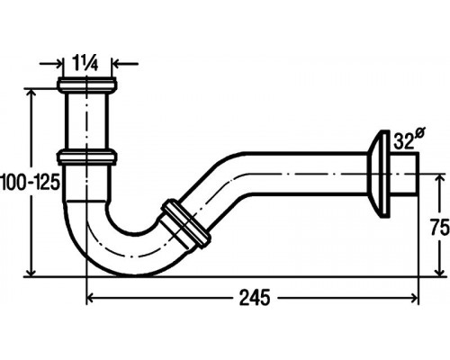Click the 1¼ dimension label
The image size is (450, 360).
85,63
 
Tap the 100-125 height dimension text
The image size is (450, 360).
30,182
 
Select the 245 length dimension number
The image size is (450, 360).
255,298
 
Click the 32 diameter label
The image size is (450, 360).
409,139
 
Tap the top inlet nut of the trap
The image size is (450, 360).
87,85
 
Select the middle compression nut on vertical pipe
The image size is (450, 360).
87,157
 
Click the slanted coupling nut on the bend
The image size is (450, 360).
186,222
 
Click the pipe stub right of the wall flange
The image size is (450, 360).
404,174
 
